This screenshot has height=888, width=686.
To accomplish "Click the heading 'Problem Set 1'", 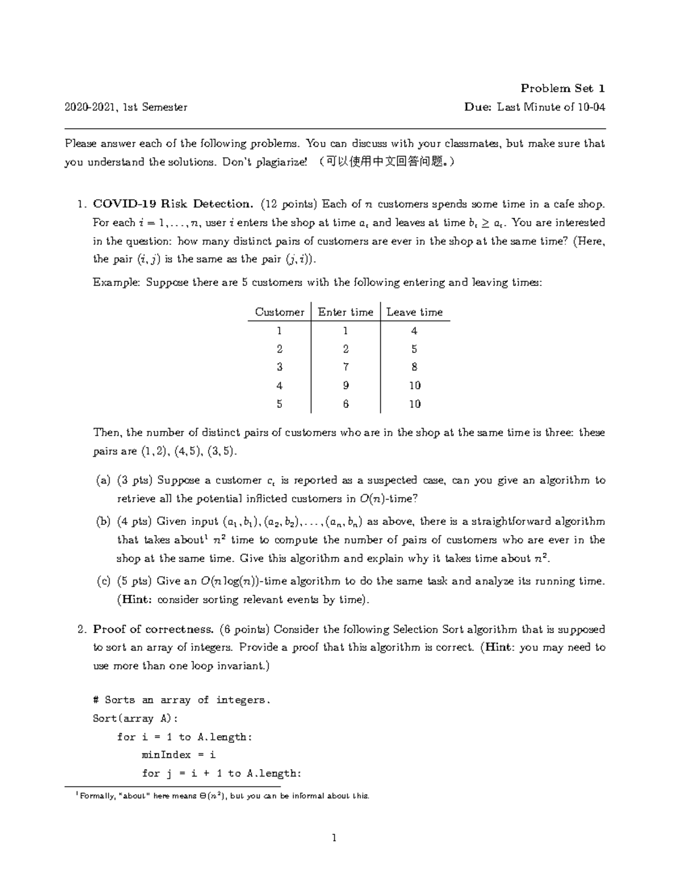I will (563, 89).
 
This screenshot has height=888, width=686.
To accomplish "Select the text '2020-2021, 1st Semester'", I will (126, 107).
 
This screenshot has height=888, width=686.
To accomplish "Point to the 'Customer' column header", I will (280, 312).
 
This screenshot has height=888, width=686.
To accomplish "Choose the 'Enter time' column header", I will (345, 312).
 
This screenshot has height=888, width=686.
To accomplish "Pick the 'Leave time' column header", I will (414, 312).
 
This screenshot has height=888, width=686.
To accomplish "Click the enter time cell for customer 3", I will (345, 367).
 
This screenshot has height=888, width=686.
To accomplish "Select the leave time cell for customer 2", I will (414, 349).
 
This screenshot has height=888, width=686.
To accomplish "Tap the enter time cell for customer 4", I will (345, 385).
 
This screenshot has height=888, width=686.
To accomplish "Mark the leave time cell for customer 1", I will (414, 330).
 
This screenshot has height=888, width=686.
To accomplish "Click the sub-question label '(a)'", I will (103, 480).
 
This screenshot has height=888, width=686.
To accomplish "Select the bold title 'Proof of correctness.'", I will (153, 630).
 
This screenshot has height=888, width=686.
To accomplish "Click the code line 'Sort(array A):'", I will (135, 718).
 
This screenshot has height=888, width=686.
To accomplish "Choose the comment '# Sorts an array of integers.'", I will (181, 700).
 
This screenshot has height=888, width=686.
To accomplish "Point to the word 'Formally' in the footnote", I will (97, 796).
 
